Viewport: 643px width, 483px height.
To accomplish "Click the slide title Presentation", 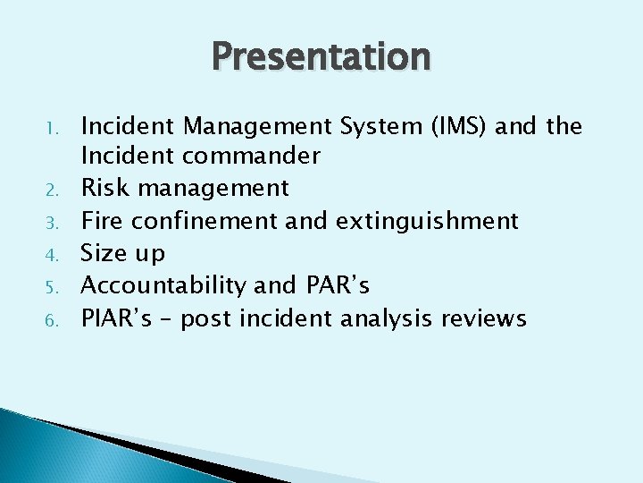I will [x=321, y=57].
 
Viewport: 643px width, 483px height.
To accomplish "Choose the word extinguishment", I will [x=425, y=221].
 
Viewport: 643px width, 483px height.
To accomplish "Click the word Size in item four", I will [x=104, y=254].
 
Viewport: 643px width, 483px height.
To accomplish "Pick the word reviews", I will [x=488, y=318].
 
